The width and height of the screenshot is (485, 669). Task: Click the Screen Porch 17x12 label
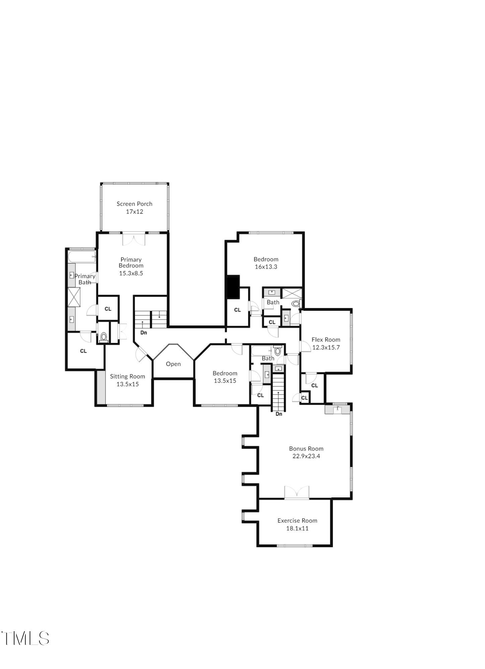pyautogui.click(x=134, y=208)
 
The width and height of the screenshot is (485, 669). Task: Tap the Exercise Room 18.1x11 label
pyautogui.click(x=297, y=524)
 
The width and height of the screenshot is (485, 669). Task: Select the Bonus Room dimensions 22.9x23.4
pyautogui.click(x=306, y=456)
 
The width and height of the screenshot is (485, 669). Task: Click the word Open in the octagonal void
pyautogui.click(x=173, y=364)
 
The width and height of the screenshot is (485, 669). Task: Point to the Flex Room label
pyautogui.click(x=326, y=340)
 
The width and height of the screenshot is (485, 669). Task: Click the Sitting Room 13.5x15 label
pyautogui.click(x=127, y=380)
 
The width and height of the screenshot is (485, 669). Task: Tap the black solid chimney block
pyautogui.click(x=233, y=287)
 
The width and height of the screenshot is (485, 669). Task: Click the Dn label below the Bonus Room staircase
pyautogui.click(x=279, y=414)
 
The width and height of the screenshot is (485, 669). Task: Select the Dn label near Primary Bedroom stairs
pyautogui.click(x=143, y=333)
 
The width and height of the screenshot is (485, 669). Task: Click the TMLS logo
pyautogui.click(x=25, y=638)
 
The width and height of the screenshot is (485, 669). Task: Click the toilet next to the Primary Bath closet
pyautogui.click(x=103, y=337)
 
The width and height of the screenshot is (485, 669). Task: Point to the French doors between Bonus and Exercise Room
pyautogui.click(x=296, y=493)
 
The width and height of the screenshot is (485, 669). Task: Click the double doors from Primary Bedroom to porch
pyautogui.click(x=133, y=239)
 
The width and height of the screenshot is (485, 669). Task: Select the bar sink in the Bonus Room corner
pyautogui.click(x=338, y=409)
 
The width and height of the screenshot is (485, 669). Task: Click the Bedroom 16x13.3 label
pyautogui.click(x=266, y=263)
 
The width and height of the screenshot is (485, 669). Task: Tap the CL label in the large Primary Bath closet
pyautogui.click(x=83, y=351)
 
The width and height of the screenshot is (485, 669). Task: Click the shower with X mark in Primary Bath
pyautogui.click(x=74, y=297)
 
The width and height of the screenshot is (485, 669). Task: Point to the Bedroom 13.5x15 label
pyautogui.click(x=225, y=377)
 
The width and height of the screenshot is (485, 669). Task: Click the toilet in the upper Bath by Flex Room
pyautogui.click(x=296, y=304)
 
